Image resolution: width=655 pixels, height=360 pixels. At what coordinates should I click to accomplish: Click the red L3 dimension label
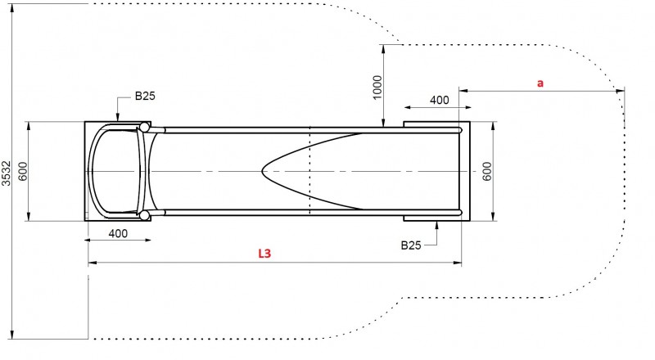pos(264,253)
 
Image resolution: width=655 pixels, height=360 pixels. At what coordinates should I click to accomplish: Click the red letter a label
pos(540,83)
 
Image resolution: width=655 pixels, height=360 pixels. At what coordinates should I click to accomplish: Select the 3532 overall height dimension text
pos(6,173)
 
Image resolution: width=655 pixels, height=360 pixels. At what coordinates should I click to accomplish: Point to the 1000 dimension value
pos(377,88)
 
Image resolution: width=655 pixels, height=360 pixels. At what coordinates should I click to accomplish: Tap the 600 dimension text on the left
pos(23,171)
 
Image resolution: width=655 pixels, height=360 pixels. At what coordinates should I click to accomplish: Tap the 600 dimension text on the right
pos(487,171)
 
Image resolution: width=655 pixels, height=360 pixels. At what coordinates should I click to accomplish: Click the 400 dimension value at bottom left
pos(118,233)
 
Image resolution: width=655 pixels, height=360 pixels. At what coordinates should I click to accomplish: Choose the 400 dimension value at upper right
pos(440,101)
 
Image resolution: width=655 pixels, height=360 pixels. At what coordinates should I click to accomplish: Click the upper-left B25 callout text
pos(145,96)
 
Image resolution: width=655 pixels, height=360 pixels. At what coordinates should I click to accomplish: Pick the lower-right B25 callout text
pos(411,245)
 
